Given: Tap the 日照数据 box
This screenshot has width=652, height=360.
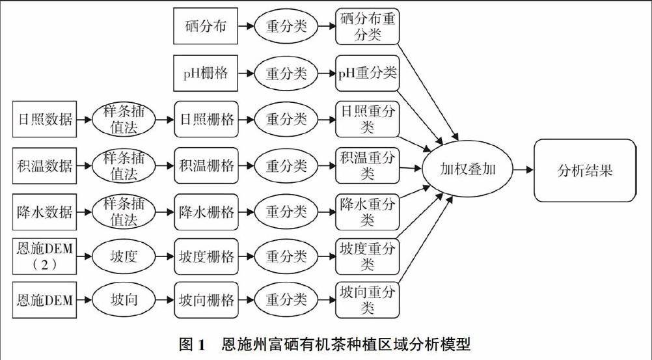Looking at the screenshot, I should point(45,120).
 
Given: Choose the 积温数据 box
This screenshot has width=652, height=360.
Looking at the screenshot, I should point(45,166).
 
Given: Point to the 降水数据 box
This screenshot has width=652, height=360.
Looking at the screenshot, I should point(45,212).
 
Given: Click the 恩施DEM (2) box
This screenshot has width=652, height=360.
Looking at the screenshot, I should point(45,257).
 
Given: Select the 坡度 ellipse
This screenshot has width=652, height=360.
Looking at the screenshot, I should point(124,256).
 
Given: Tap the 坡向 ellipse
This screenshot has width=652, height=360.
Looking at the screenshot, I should point(124,300).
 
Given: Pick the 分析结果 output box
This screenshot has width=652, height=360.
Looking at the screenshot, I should point(584,171).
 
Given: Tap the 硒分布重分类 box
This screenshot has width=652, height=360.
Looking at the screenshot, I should point(368,27).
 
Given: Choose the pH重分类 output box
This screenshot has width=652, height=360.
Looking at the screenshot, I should point(368,73).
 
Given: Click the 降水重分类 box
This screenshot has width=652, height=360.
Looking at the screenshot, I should point(368,212).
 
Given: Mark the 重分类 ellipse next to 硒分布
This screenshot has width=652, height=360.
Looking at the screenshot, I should point(286,27).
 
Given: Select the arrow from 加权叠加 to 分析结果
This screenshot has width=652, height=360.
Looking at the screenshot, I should point(523,170).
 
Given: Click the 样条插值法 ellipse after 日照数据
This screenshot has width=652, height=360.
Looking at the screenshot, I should point(124,120).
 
